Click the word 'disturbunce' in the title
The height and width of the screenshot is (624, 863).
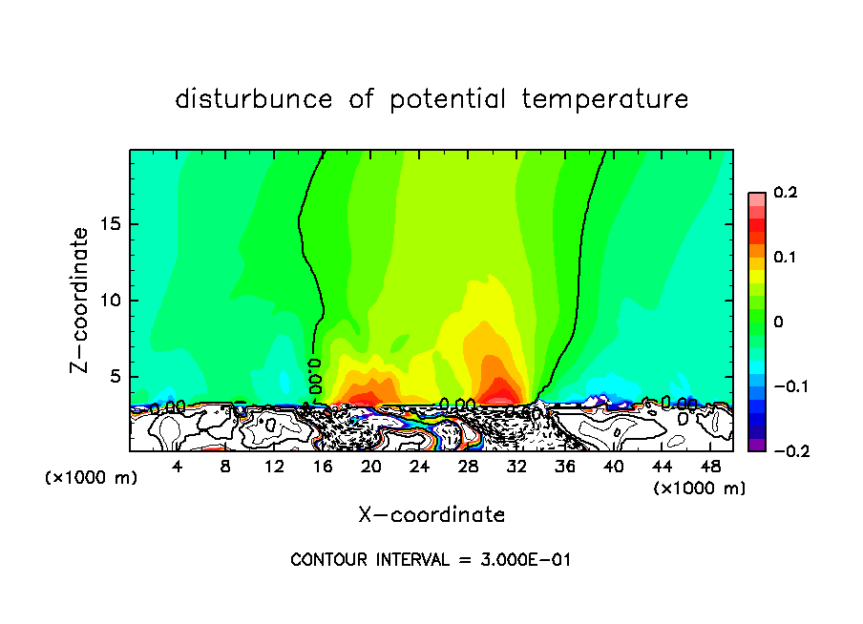click(253, 99)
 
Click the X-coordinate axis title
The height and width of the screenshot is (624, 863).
click(431, 515)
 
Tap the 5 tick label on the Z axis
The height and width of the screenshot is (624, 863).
click(114, 377)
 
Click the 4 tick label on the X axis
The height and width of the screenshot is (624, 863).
click(178, 468)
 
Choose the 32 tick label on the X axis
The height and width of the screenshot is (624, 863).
click(516, 468)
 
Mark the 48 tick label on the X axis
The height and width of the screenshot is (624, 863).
click(710, 468)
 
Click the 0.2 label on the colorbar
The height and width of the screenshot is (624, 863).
click(785, 193)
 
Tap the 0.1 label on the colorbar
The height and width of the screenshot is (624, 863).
click(785, 258)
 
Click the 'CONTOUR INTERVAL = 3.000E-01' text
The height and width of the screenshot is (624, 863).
click(431, 560)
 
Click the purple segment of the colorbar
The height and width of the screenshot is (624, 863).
click(757, 445)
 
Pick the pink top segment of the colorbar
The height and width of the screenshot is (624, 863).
click(757, 197)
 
